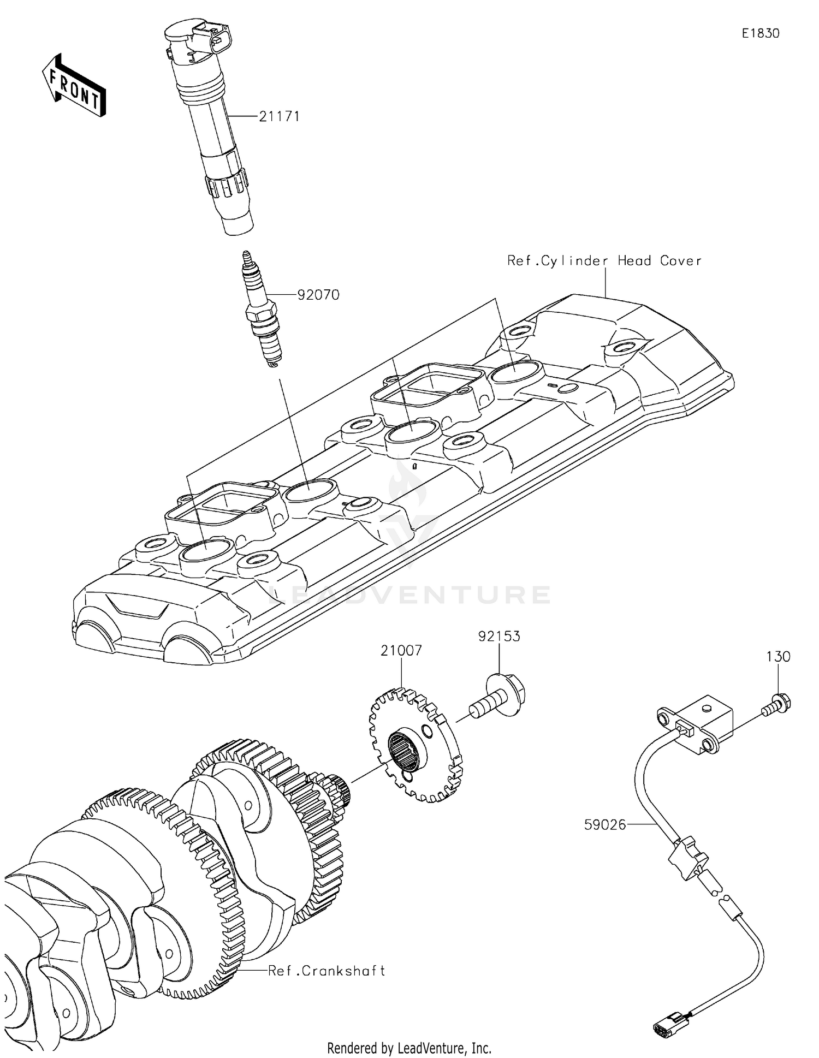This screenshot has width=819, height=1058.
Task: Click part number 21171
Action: tap(279, 116)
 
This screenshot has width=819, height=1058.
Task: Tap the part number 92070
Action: tap(318, 295)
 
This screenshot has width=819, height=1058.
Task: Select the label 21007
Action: tap(401, 651)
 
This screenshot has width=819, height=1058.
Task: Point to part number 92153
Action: tap(499, 636)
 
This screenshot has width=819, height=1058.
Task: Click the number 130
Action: tap(778, 656)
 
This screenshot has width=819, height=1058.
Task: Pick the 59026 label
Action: tap(605, 825)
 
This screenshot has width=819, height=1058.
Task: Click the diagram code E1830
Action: tap(761, 33)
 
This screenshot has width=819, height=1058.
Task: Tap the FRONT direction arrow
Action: tap(74, 86)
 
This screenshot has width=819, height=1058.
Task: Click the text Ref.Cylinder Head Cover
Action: tap(604, 261)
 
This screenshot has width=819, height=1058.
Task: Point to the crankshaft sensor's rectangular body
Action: tap(704, 721)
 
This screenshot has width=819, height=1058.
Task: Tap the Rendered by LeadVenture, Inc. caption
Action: tap(409, 1048)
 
